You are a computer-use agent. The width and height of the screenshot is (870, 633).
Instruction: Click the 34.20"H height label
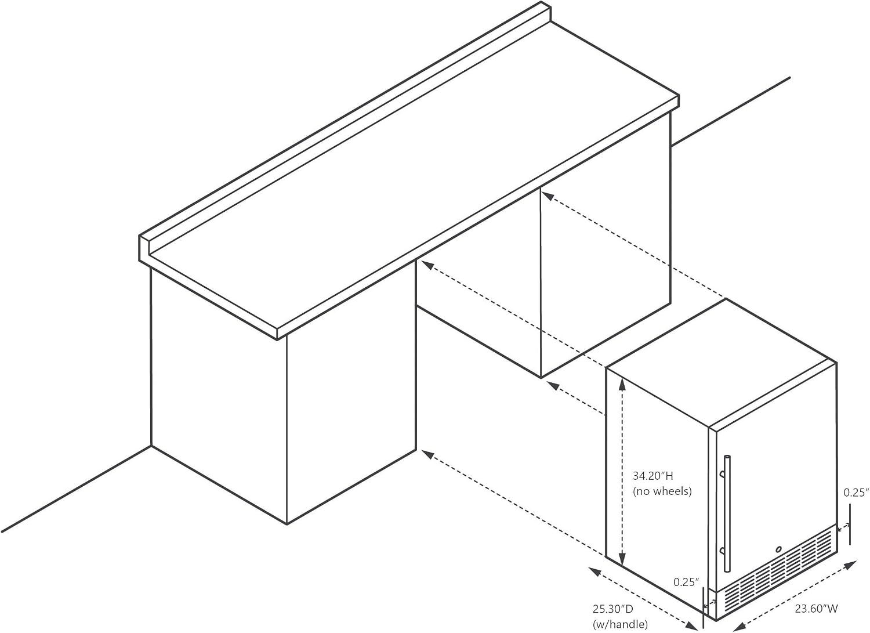[x=652, y=476]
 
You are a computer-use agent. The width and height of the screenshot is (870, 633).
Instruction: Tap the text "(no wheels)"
[x=662, y=491]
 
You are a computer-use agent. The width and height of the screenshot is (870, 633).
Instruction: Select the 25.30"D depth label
[x=612, y=609]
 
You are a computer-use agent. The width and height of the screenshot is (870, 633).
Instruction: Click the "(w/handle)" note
[x=620, y=624]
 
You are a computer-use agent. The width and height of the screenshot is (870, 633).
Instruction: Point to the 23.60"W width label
[x=817, y=609]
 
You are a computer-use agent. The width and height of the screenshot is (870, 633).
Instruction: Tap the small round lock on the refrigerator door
[x=778, y=549]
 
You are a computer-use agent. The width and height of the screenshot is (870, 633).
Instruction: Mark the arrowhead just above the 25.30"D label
[x=594, y=570]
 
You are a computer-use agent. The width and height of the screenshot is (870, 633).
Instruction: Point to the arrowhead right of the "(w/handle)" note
[x=693, y=625]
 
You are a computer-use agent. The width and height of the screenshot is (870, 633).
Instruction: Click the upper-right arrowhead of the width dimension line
[x=851, y=564]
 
